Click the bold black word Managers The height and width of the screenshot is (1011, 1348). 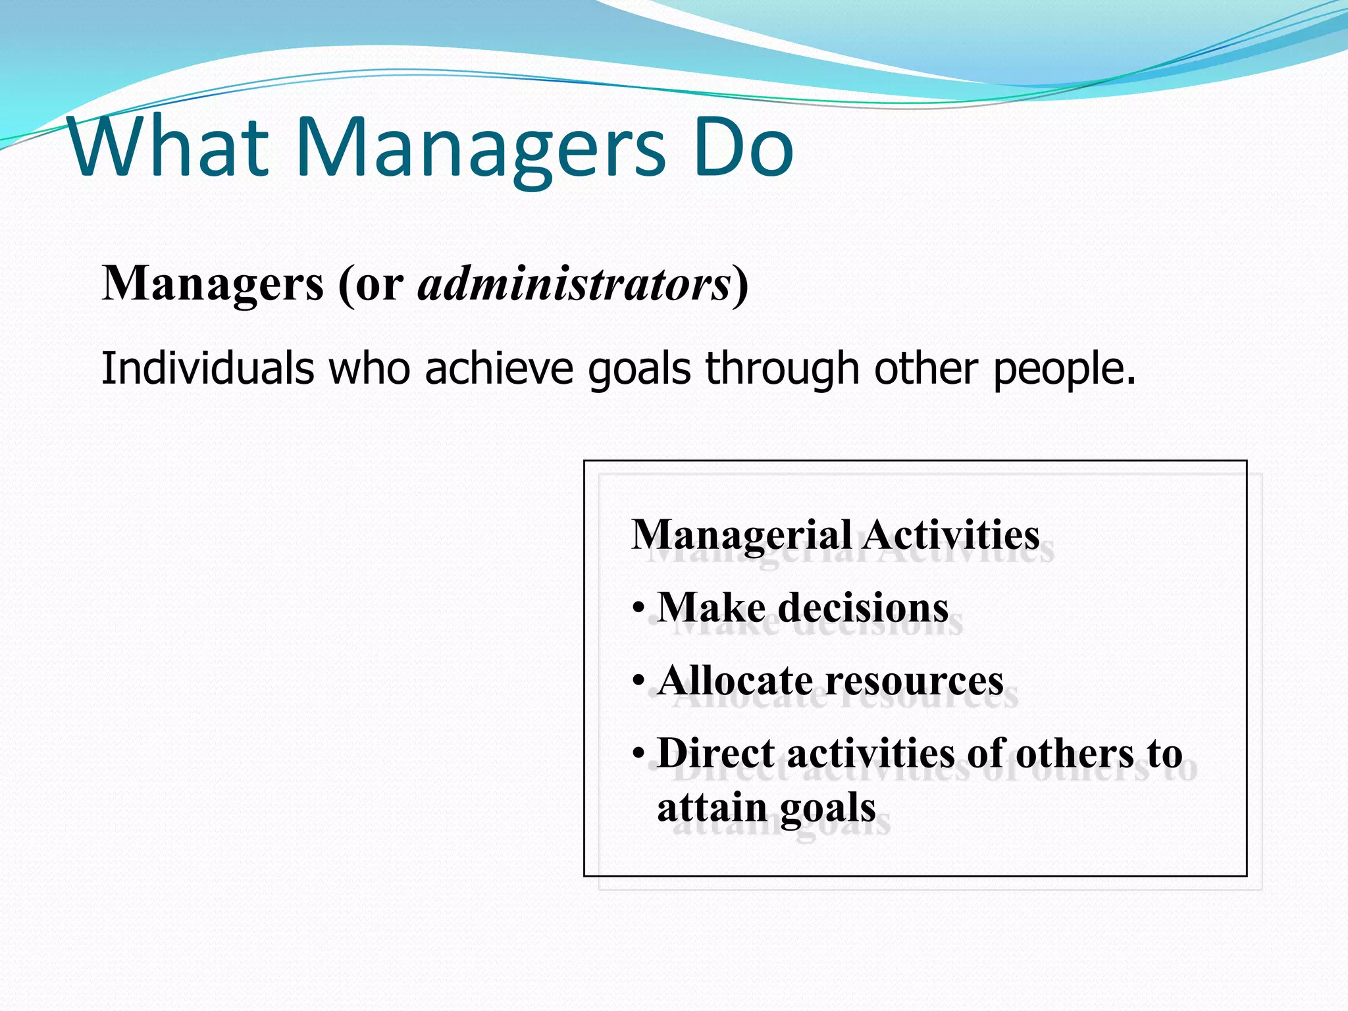213,284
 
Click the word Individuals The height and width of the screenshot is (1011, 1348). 207,368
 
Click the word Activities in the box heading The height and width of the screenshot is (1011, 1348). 950,534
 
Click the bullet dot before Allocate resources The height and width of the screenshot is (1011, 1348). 638,681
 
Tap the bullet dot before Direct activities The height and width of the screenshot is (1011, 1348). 638,754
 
